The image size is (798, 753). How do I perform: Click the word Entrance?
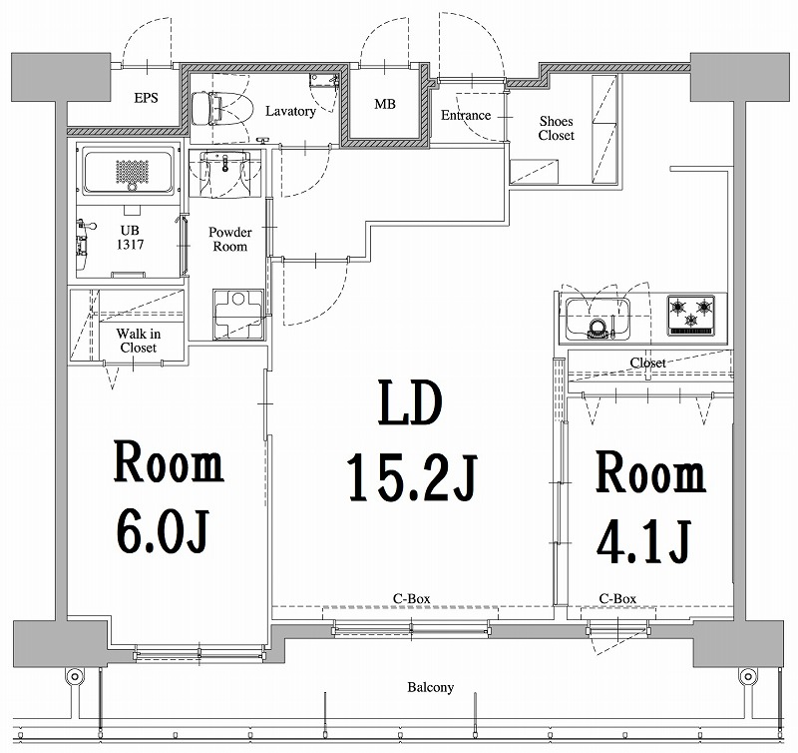click(465, 115)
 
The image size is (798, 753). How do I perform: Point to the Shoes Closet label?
click(556, 127)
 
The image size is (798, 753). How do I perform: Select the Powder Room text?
click(229, 239)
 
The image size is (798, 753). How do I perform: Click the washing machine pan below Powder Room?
click(238, 314)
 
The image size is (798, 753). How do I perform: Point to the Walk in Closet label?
click(138, 341)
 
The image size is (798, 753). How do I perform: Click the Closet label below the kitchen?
click(647, 363)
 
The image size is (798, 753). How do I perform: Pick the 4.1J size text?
click(644, 541)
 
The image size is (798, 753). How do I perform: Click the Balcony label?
click(430, 687)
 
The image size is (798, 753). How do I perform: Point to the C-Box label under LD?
click(411, 598)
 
